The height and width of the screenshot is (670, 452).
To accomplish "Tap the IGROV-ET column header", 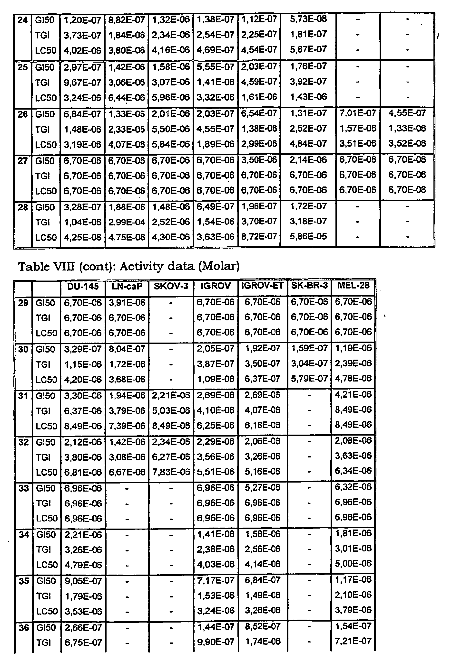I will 262,286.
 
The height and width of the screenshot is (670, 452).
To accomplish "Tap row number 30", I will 23,349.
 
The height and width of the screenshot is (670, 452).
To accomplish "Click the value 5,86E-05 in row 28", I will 308,237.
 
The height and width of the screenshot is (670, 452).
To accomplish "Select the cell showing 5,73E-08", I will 308,19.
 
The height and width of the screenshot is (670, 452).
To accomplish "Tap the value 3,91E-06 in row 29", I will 127,302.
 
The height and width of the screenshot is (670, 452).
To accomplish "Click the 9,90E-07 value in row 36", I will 215,642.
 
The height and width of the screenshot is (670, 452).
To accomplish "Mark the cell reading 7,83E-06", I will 171,472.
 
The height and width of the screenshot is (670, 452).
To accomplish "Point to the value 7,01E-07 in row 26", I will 358,113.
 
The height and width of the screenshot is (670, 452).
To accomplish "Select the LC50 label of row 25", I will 46,98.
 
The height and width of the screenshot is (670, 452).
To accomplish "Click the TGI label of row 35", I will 44,596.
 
